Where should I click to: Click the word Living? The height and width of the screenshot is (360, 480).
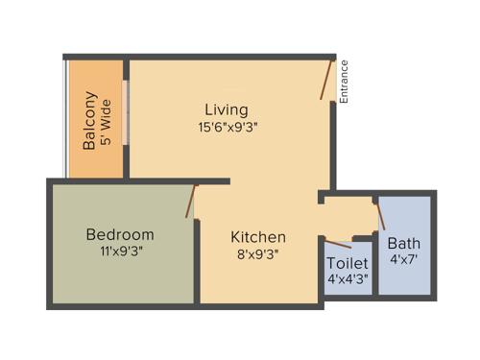coord(227,109)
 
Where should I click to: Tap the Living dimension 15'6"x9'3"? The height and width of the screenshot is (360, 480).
coord(228,126)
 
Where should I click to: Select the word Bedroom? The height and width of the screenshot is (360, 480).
coord(120,234)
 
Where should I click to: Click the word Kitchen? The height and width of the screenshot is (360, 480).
coord(258,237)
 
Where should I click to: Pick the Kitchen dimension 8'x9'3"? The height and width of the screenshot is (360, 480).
coord(257,254)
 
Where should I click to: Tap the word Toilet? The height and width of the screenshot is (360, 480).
coord(346,263)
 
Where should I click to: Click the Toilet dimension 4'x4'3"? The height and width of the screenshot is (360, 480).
coord(346,279)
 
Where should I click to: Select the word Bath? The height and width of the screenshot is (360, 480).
coord(404,243)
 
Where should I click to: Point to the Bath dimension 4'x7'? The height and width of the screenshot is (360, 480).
coord(404,259)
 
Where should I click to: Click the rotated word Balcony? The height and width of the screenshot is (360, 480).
coord(89,121)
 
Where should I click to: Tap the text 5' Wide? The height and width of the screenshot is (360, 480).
coord(107,121)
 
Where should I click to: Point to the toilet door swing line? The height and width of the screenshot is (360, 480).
coord(338,240)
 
